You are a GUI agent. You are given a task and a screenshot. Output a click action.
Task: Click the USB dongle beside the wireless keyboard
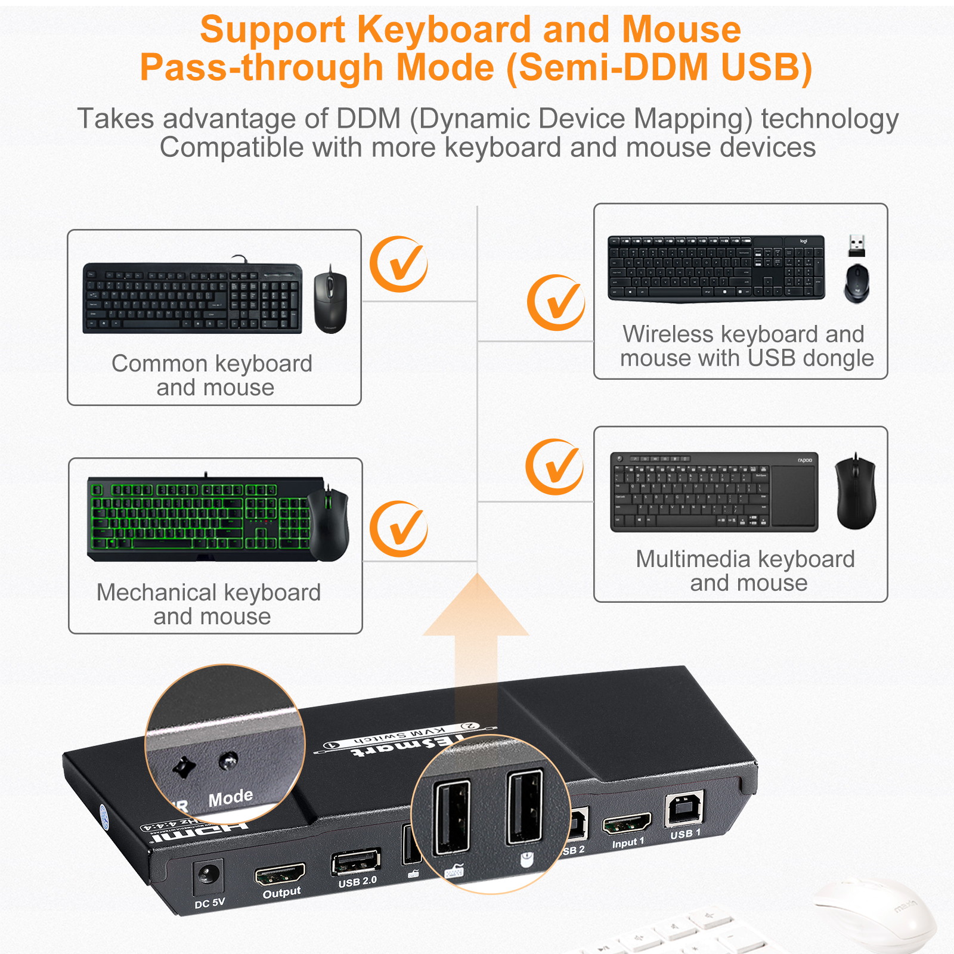[856, 246]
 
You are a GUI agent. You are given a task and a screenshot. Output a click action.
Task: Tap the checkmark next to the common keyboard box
[398, 264]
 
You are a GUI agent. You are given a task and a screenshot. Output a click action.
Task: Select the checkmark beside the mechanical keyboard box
[398, 529]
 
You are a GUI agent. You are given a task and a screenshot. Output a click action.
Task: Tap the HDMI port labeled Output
[280, 875]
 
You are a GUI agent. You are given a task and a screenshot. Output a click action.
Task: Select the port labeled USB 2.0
[355, 862]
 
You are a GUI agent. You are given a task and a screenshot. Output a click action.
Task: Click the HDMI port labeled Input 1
[626, 825]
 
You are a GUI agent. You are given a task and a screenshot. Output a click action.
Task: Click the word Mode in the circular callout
[230, 797]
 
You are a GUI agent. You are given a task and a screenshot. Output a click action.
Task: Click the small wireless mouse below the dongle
[856, 283]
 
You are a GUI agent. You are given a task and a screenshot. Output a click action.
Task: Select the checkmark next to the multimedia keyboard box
[555, 467]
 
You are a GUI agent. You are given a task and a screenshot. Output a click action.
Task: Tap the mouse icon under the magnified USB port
[526, 859]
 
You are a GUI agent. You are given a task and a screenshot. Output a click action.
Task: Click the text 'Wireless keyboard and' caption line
[743, 334]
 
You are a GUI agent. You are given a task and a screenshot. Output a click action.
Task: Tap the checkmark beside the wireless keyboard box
[556, 303]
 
